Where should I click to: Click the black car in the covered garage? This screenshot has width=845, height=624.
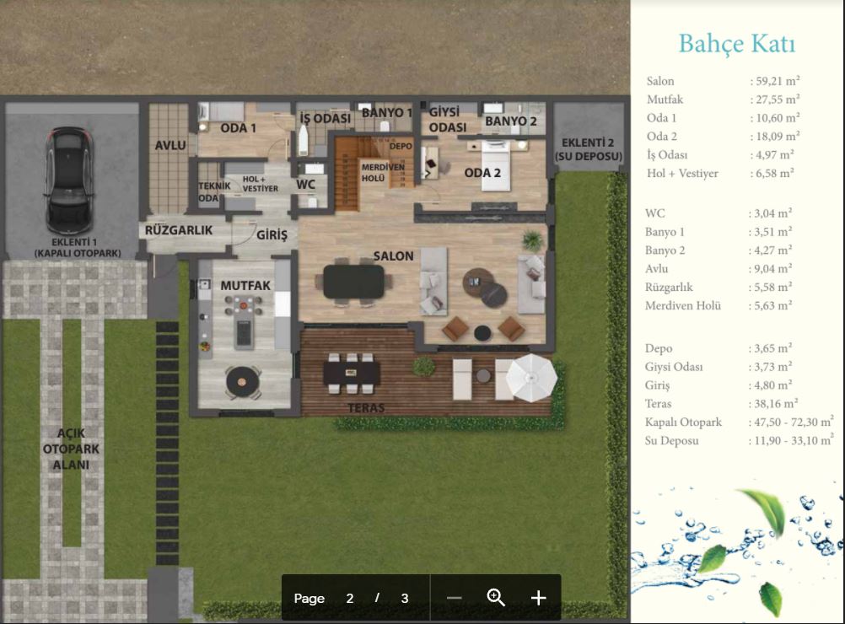[x=69, y=180]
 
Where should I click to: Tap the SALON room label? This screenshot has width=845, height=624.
[x=393, y=256]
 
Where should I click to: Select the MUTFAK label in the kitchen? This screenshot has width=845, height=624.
[x=245, y=285]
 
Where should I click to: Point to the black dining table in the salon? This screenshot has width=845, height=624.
[x=354, y=282]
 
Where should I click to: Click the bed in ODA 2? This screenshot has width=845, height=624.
[x=496, y=165]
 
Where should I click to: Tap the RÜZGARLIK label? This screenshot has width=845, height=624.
[x=179, y=230]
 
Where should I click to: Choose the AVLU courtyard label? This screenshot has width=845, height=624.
[x=170, y=146]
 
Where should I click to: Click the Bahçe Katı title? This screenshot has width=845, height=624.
[x=737, y=44]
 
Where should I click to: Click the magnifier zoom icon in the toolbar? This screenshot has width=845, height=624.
[x=495, y=597]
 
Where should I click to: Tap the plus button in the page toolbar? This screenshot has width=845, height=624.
[x=538, y=598]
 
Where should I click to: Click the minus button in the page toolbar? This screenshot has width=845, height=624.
[x=455, y=598]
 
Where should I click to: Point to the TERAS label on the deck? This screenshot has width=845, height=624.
[x=367, y=408]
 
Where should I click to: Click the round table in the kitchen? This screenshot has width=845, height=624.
[x=243, y=381]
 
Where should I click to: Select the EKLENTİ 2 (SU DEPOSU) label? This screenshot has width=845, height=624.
[x=588, y=149]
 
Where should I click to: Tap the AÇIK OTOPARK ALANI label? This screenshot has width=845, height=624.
[x=71, y=449]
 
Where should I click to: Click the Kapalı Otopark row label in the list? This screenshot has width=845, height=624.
[x=683, y=422]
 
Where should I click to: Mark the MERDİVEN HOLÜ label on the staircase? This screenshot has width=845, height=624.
[x=383, y=172]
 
